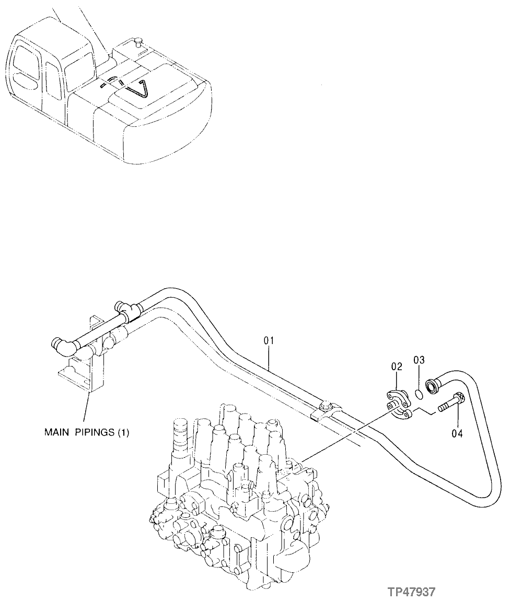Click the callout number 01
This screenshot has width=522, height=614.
269,340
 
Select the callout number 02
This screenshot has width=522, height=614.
396,367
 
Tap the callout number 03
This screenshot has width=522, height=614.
419,360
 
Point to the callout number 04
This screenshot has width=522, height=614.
457,432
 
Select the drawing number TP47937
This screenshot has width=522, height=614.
411,592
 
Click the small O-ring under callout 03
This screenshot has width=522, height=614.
419,393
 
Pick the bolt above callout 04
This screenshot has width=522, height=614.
450,402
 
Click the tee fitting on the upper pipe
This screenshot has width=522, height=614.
125,312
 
